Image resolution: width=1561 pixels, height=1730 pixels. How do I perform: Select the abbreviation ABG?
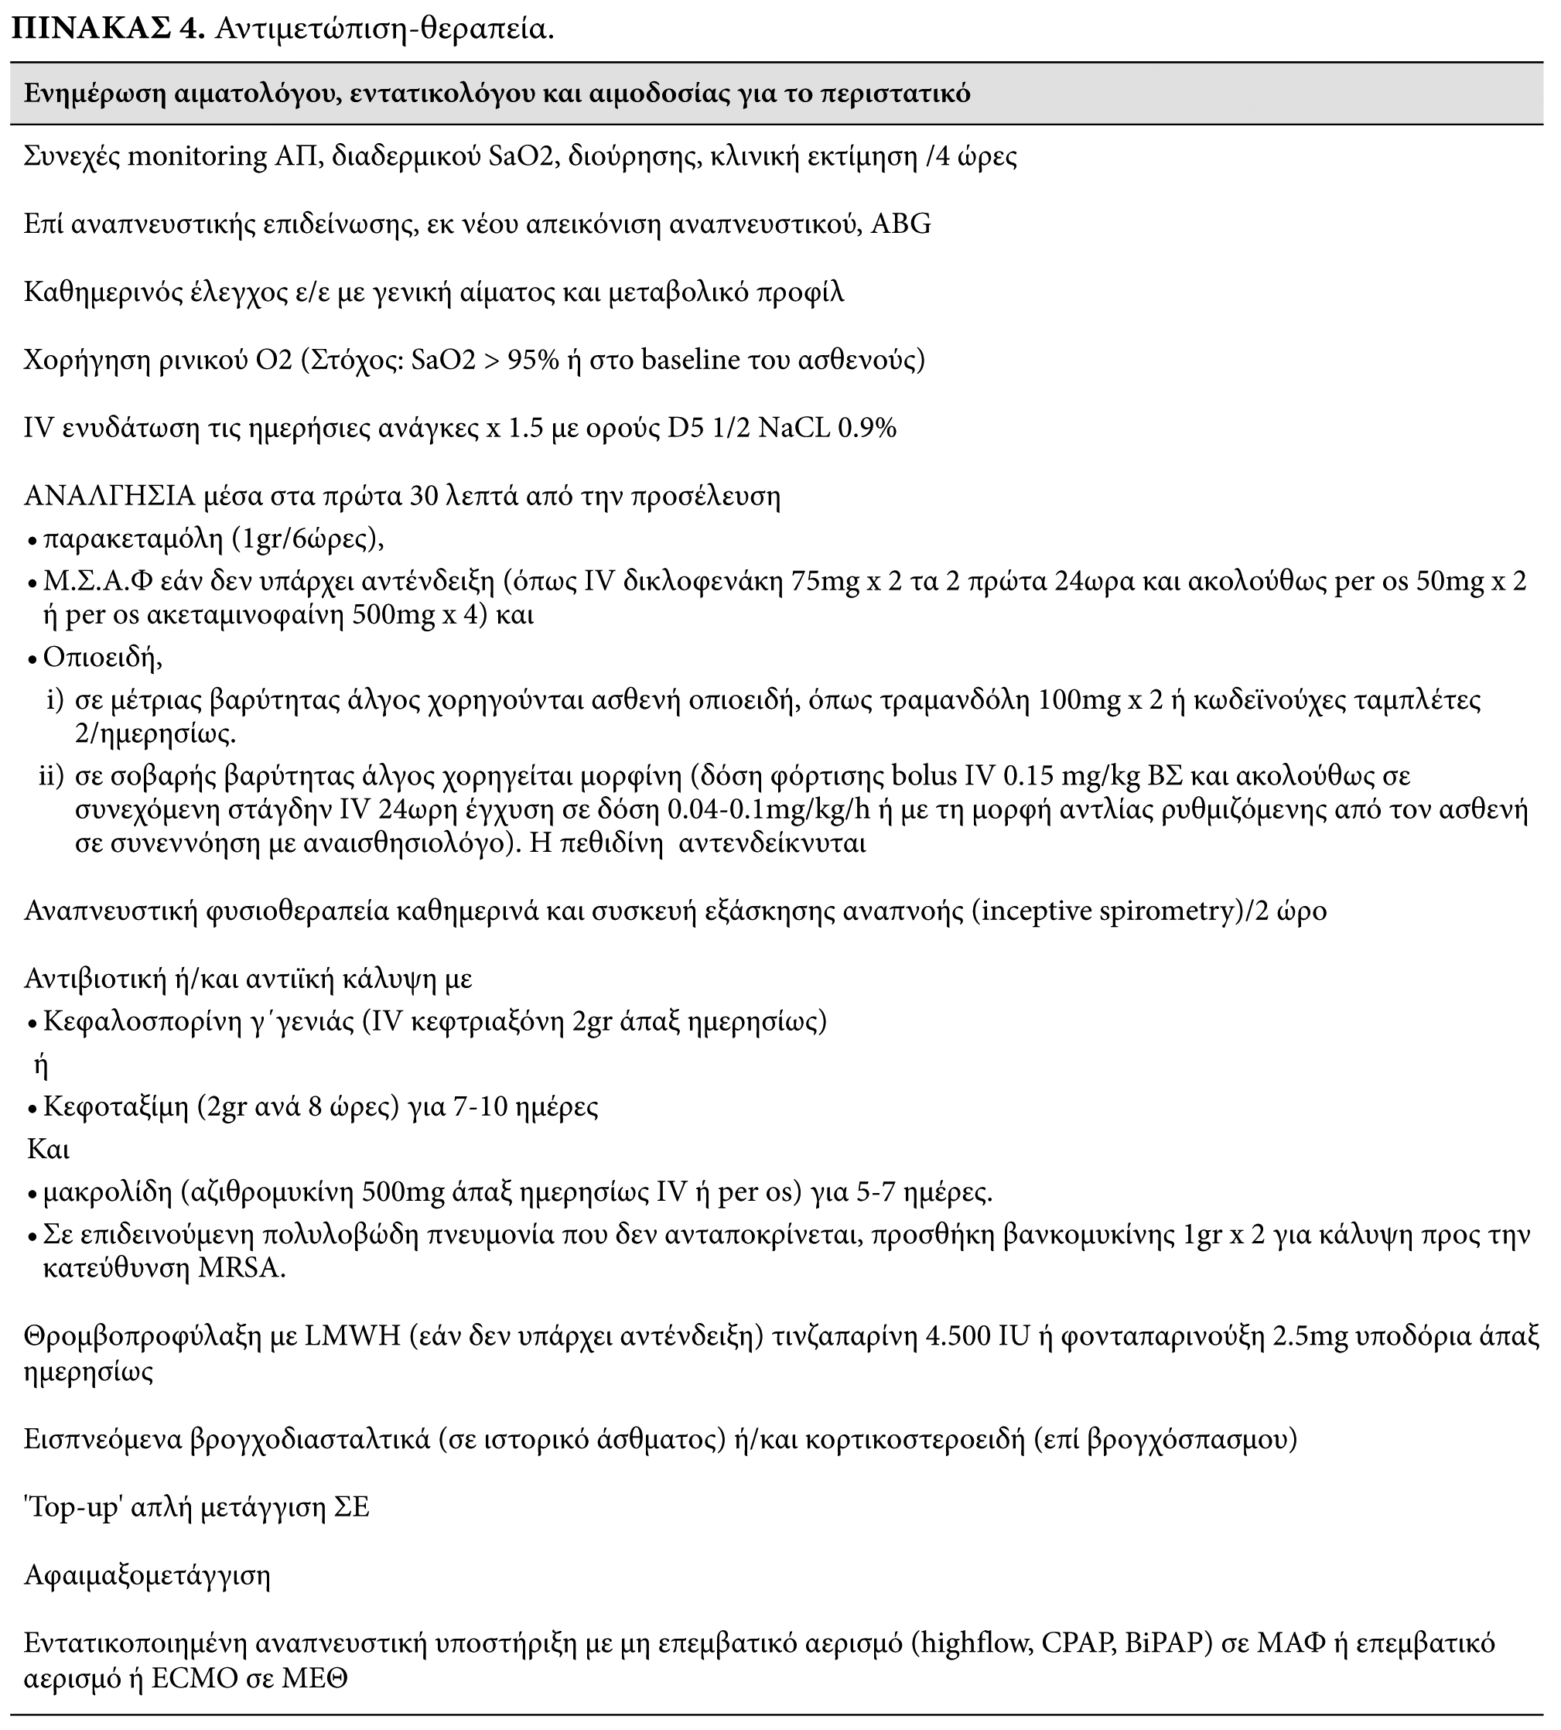900,224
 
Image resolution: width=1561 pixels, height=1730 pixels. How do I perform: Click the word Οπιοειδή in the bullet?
102,658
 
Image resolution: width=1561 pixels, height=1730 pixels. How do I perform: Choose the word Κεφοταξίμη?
116,1107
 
